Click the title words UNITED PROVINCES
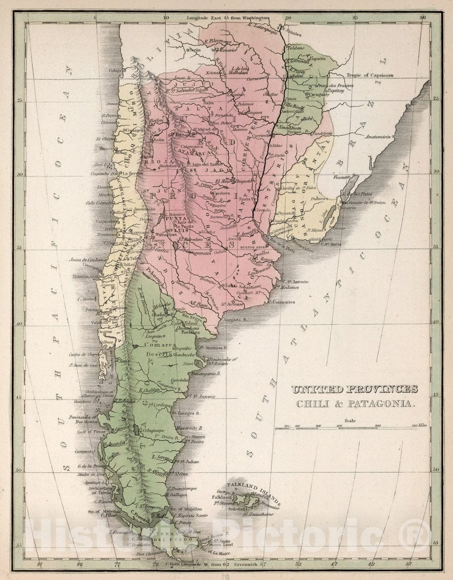(x=354, y=389)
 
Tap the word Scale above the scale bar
(x=351, y=420)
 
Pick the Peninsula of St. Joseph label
(x=222, y=361)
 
